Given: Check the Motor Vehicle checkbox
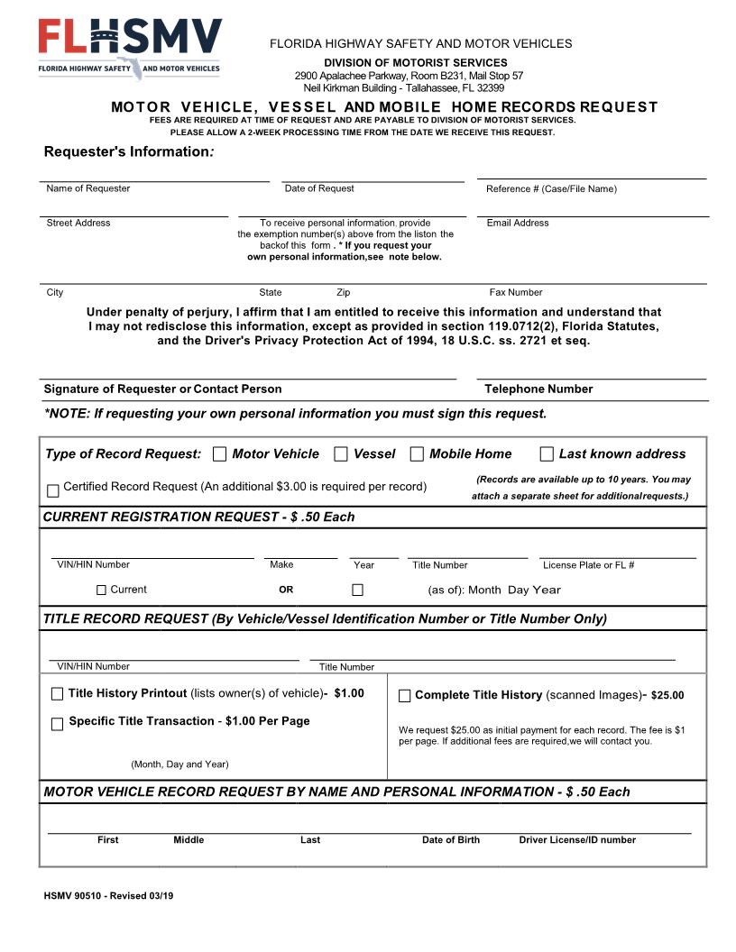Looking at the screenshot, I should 220,454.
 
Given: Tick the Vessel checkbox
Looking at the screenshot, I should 341,454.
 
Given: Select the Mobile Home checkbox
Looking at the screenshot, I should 417,454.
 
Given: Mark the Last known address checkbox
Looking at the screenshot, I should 547,454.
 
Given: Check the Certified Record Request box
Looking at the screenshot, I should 53,491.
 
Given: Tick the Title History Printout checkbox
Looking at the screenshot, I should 58,694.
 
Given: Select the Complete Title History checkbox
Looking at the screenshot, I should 404,696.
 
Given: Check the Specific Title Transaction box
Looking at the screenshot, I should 58,724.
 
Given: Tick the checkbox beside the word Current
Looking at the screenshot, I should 101,590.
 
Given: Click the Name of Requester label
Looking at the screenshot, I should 88,188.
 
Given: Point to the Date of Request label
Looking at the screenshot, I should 319,188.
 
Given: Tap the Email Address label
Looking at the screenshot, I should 518,223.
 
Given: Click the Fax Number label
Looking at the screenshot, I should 516,292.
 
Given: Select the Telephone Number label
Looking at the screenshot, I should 538,389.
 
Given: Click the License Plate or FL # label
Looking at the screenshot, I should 588,565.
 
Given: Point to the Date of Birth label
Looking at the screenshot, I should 451,840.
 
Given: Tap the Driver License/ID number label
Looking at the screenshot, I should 577,840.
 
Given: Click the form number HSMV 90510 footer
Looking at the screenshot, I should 108,896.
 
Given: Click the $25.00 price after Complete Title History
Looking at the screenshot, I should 667,696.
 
